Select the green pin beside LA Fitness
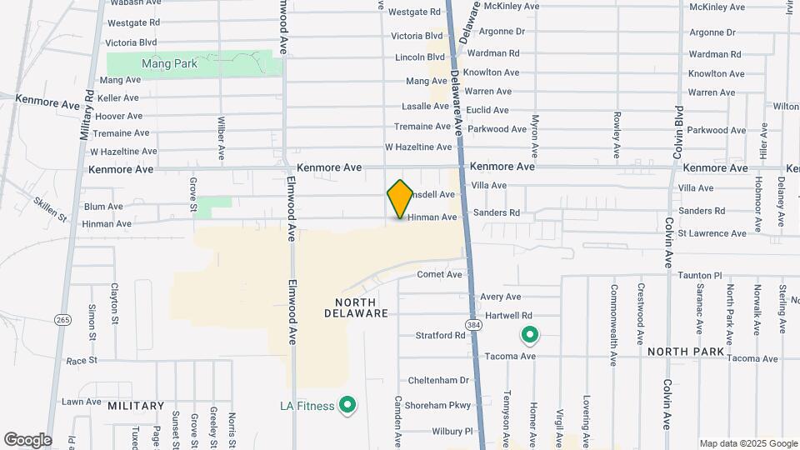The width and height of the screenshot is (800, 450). point(349,406)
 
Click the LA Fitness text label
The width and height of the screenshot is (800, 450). point(306,407)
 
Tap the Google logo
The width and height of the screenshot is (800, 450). point(27,439)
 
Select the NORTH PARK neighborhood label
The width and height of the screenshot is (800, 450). point(686,352)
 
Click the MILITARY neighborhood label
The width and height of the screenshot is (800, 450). point(136,406)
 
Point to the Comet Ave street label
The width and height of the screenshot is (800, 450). point(439,274)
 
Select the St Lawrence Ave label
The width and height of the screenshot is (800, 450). point(712,233)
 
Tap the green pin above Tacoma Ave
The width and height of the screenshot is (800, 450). point(529,335)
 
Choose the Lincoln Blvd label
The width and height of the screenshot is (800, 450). point(421,57)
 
